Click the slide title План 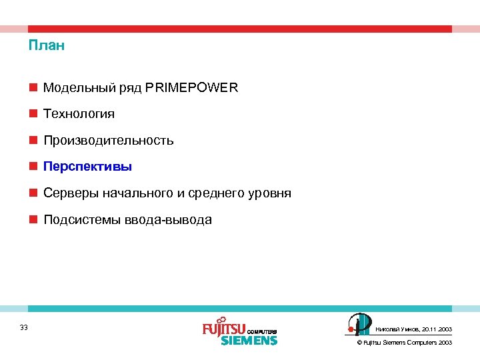(47, 46)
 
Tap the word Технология (79, 114)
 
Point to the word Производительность (109, 141)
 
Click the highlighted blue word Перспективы (88, 167)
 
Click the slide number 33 (24, 327)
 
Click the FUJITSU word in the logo (224, 329)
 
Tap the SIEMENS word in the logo (249, 340)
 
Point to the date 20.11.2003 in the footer (437, 329)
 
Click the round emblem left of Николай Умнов (359, 325)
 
